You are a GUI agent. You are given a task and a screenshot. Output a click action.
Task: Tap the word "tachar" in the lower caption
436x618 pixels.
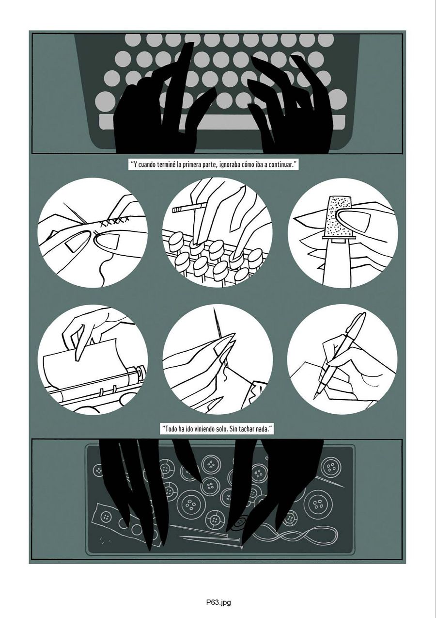click(x=242, y=429)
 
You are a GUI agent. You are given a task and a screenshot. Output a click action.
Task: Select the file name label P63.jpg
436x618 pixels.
click(x=218, y=602)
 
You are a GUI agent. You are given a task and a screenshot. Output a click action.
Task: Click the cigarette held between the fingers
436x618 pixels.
click(x=184, y=210)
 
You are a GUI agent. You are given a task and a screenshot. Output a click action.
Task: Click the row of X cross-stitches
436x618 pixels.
click(x=114, y=222)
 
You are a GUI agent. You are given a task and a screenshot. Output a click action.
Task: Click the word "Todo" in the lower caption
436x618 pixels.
click(x=173, y=429)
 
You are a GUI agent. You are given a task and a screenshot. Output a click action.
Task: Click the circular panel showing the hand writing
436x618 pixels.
click(x=342, y=359)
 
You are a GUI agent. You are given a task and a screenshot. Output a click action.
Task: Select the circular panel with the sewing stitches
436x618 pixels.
click(x=92, y=233)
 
